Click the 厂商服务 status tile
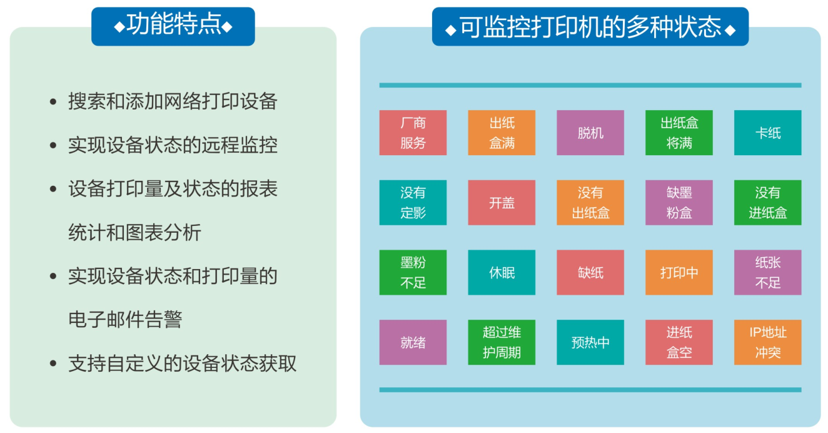point(413,133)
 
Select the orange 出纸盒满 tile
point(502,133)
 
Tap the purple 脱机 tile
point(590,133)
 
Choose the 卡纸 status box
point(768,133)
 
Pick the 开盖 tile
point(502,202)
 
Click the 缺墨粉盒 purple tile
point(679,202)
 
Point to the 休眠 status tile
point(502,272)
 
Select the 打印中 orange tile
point(679,272)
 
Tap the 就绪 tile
point(413,342)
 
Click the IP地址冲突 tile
point(768,342)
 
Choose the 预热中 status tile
point(590,342)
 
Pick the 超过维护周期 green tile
point(502,342)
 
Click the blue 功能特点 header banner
point(173,26)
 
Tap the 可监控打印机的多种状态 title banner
point(590,26)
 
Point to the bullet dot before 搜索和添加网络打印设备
point(53,102)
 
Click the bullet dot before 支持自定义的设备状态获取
point(53,364)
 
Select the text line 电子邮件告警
point(125,320)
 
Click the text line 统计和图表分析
point(134,232)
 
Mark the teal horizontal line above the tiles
point(590,85)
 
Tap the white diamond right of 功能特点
point(227,27)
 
